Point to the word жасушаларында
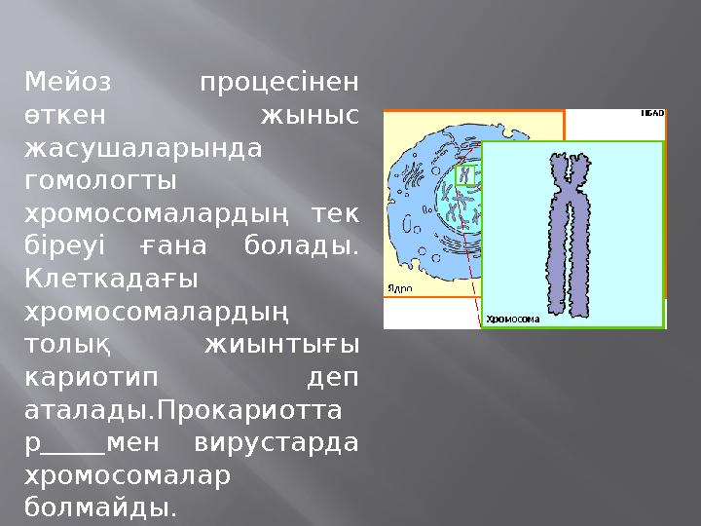click(x=144, y=149)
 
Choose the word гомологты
click(x=100, y=182)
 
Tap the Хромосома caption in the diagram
click(x=512, y=318)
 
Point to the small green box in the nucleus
click(x=468, y=175)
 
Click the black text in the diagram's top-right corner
click(x=651, y=114)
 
